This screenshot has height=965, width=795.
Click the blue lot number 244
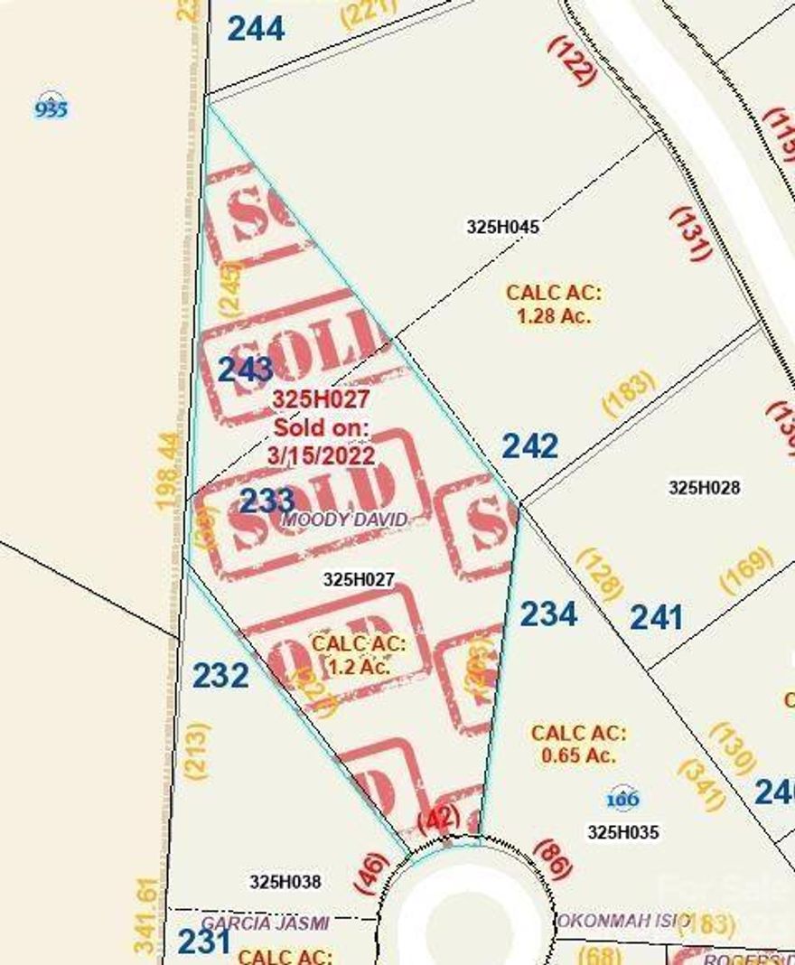pos(256,29)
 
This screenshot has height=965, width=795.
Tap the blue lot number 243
pos(246,369)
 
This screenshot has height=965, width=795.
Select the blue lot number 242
pos(530,445)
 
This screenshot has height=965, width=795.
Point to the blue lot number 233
pos(267,500)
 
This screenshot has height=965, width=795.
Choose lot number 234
pos(548,614)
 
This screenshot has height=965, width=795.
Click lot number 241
pos(656,618)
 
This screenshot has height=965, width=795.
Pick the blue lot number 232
pos(220,675)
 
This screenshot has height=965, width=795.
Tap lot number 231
pos(203,942)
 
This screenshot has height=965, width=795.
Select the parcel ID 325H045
pos(503,228)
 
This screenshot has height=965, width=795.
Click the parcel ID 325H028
pos(705,488)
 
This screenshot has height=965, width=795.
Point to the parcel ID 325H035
pos(623,832)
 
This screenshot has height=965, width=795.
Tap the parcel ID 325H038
pos(285,881)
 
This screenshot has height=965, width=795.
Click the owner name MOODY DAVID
pos(344,520)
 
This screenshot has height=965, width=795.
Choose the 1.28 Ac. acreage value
pos(554,317)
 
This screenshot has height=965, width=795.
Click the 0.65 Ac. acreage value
pos(579,755)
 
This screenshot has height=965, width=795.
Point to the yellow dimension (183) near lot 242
pos(628,395)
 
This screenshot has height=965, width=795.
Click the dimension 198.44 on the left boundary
pos(169,470)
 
